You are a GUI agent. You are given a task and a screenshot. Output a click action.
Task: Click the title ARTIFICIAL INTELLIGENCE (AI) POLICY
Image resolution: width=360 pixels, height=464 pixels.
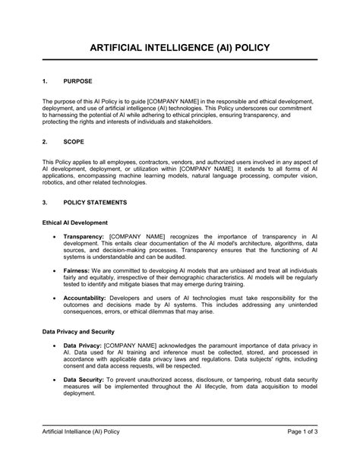click(x=179, y=47)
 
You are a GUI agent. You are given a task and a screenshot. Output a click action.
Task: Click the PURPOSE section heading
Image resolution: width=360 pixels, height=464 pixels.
click(x=78, y=80)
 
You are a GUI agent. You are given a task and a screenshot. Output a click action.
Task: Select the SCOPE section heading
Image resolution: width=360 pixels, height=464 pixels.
click(x=74, y=141)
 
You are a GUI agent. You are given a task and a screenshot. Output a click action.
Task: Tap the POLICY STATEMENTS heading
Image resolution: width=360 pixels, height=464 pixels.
click(x=95, y=203)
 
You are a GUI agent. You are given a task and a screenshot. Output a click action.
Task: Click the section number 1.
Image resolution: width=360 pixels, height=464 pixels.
click(x=45, y=80)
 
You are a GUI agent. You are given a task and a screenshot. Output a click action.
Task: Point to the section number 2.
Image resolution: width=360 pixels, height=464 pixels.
click(x=45, y=141)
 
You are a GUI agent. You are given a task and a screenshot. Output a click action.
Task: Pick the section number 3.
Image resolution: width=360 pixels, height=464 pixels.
click(x=45, y=203)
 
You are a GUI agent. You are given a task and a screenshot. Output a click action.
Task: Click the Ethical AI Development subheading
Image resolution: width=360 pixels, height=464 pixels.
click(x=80, y=223)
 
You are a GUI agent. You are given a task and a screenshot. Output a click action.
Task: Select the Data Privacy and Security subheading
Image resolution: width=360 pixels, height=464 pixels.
click(x=78, y=332)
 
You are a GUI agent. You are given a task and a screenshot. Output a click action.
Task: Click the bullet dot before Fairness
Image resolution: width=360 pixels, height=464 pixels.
click(x=52, y=270)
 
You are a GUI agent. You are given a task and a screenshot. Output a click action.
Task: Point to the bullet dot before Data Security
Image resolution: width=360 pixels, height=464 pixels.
click(x=52, y=378)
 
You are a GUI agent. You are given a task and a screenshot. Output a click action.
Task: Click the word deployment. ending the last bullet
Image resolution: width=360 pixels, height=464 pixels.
click(x=79, y=393)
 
